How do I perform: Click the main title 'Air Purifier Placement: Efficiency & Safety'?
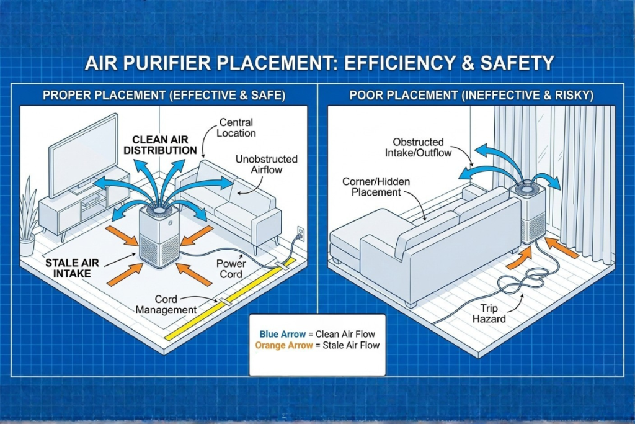317,63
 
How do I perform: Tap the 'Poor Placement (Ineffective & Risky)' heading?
471,96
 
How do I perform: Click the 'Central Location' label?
236,128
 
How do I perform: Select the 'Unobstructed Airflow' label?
266,165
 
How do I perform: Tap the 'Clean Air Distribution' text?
160,145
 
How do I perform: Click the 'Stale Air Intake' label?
73,268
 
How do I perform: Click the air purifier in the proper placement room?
159,236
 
